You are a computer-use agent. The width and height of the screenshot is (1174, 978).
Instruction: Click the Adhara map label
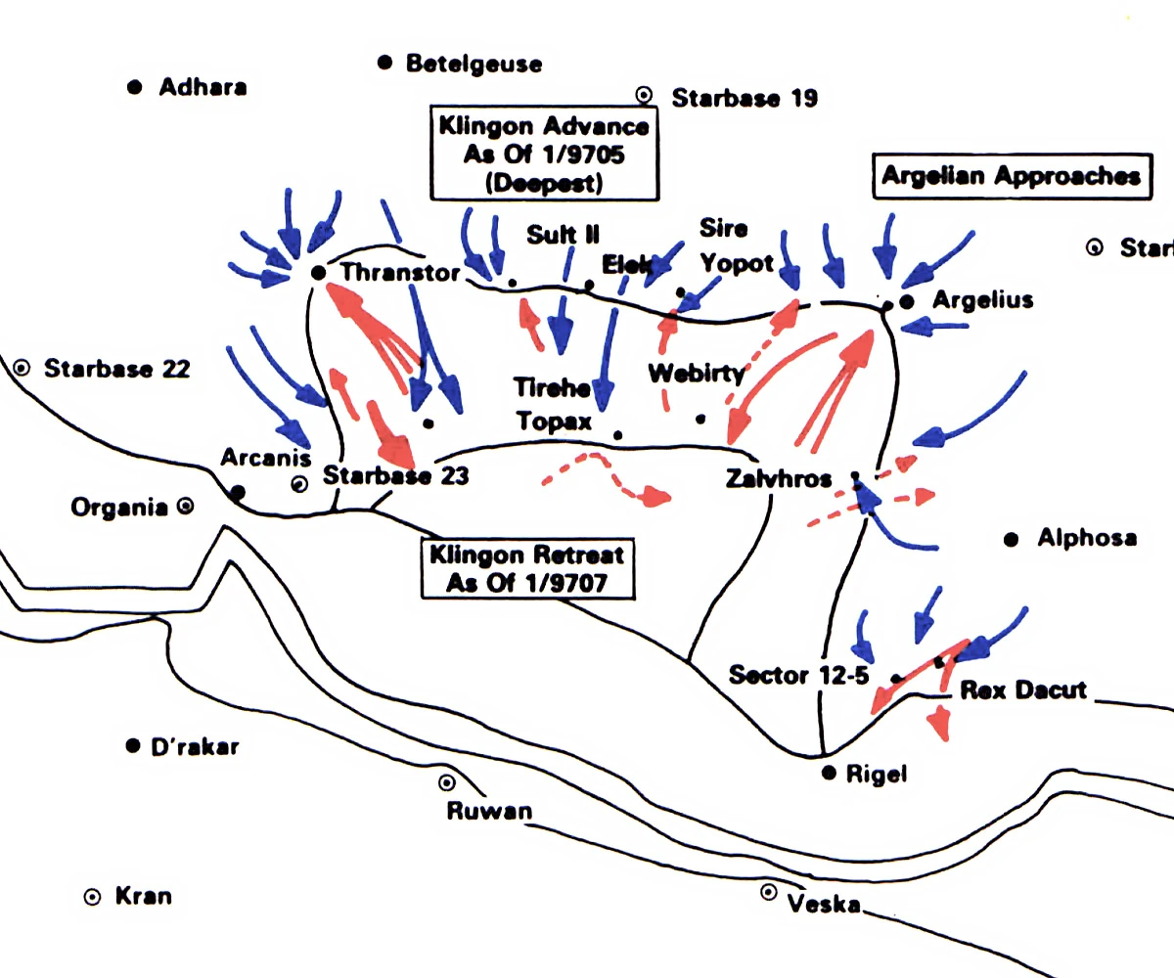203,87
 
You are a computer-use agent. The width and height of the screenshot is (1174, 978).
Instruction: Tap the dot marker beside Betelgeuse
385,63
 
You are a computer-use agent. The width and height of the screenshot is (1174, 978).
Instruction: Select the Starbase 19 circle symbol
644,95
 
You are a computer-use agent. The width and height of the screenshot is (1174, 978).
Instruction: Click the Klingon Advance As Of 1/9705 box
544,155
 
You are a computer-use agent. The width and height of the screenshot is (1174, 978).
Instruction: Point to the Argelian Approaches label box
1011,176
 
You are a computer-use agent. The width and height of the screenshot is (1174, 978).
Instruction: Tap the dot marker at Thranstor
317,273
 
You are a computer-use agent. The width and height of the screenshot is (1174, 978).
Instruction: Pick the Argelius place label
982,299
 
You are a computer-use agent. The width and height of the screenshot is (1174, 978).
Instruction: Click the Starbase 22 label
116,369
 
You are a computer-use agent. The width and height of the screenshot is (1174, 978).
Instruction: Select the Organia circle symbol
184,507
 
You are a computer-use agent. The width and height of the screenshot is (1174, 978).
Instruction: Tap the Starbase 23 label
395,476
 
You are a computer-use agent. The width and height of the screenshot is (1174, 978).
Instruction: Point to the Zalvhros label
779,479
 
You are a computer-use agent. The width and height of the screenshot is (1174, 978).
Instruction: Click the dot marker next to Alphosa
1013,539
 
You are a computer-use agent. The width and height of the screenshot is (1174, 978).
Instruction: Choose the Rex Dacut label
1023,689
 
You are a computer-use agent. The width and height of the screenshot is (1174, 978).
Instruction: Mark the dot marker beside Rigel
829,774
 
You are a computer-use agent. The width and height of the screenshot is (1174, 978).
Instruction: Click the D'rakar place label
195,747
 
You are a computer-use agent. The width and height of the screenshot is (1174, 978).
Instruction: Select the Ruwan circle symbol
447,782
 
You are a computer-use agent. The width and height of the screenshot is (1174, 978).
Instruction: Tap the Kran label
143,896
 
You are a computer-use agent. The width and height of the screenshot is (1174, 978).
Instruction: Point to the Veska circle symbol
769,892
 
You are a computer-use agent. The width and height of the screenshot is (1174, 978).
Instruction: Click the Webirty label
696,373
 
